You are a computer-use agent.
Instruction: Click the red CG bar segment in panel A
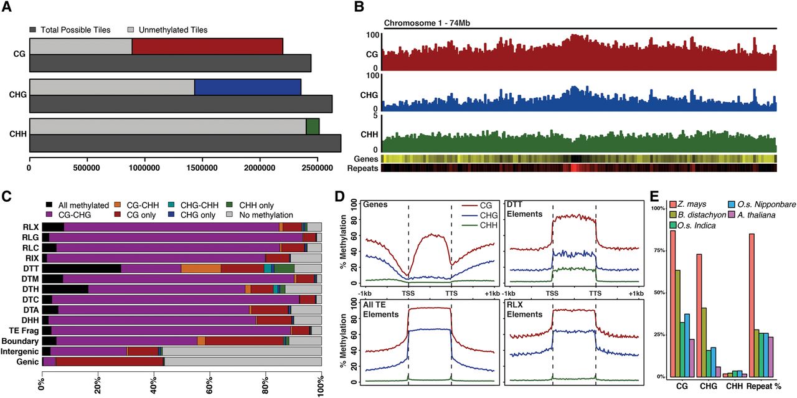tap(207, 46)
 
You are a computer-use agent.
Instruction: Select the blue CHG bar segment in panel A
tap(247, 87)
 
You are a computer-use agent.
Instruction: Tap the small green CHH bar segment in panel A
tap(313, 126)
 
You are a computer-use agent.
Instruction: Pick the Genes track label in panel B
tap(366, 159)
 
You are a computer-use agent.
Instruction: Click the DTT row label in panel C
tap(32, 268)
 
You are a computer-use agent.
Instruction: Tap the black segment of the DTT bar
tap(82, 268)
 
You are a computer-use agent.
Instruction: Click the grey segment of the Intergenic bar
tap(242, 351)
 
